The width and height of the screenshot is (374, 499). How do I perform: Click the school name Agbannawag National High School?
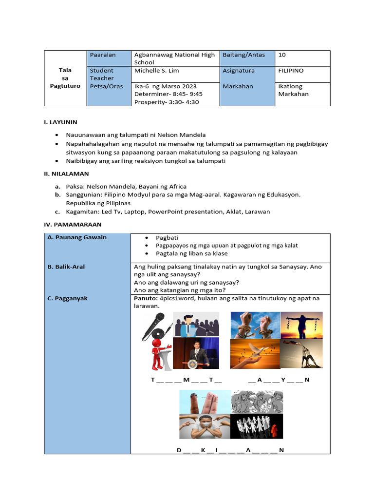click(x=174, y=58)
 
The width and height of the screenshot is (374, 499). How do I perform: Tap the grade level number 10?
click(x=282, y=55)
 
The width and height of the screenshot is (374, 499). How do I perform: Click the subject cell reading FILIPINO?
click(x=291, y=71)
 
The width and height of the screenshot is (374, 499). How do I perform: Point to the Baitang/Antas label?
click(x=243, y=55)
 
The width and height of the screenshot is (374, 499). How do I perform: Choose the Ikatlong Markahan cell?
click(x=294, y=90)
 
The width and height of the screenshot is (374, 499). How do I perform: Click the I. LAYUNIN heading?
click(x=60, y=122)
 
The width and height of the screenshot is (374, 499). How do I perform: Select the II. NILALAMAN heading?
click(x=66, y=173)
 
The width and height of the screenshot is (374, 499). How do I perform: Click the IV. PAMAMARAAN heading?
click(x=70, y=225)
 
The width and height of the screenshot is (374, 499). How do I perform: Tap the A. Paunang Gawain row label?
click(x=77, y=237)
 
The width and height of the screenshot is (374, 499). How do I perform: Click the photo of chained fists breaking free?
click(x=255, y=325)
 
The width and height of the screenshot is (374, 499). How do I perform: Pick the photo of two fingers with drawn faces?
click(x=205, y=402)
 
